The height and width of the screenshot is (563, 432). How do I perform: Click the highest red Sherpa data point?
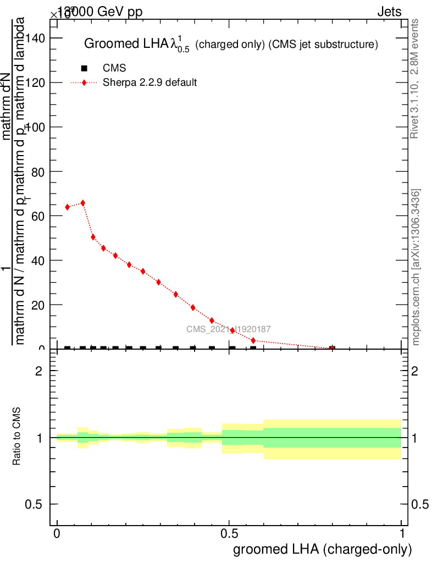tap(83, 203)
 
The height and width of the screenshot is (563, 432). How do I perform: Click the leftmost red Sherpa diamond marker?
tap(68, 207)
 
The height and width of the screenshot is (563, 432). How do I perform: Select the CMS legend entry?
tap(114, 68)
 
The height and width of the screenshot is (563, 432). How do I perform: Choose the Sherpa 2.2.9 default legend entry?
tap(150, 83)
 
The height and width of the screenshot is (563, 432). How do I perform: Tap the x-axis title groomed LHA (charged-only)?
tap(323, 549)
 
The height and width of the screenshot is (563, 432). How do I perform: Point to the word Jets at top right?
tap(389, 12)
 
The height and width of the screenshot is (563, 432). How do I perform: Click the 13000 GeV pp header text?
tap(100, 12)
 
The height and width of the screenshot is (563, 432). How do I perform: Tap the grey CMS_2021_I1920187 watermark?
tap(228, 329)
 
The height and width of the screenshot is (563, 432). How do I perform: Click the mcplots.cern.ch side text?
tap(416, 267)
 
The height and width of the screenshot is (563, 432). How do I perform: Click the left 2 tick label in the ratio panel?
tap(39, 371)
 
